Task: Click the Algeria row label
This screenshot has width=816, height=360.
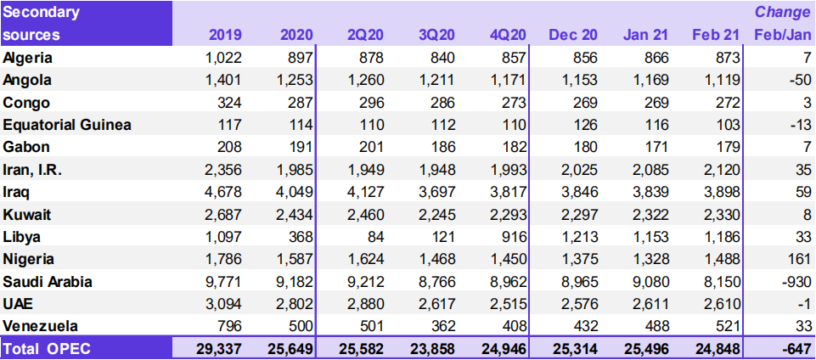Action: tap(28, 58)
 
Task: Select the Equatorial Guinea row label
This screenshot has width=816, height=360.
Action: tap(67, 125)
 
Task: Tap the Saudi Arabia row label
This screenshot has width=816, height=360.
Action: tap(48, 281)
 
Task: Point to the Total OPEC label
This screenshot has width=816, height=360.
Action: tap(47, 347)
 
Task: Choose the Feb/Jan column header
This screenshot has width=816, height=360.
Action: tap(781, 35)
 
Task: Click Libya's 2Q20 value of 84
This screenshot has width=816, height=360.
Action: tap(376, 236)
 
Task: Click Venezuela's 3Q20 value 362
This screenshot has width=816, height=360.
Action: tap(442, 326)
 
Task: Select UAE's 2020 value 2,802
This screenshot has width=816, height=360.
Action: tap(295, 303)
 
